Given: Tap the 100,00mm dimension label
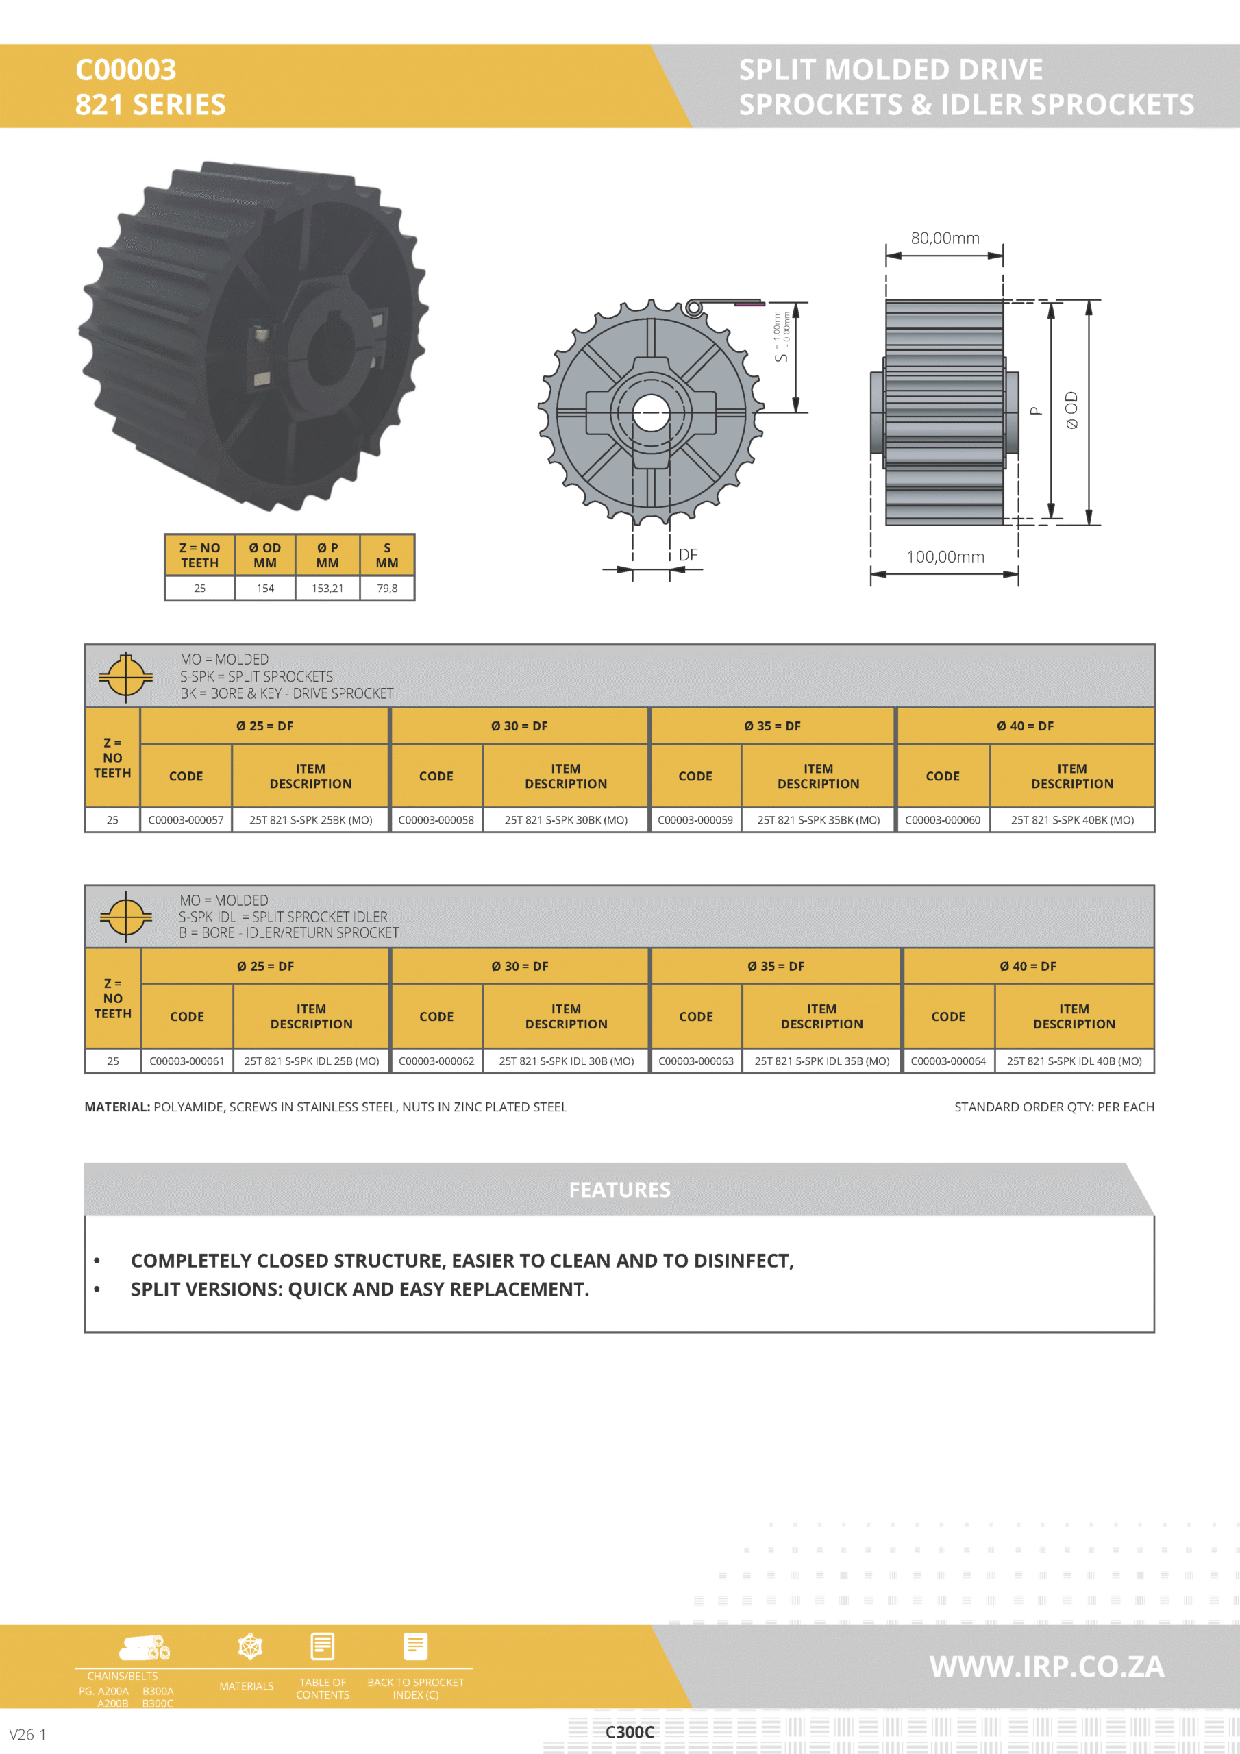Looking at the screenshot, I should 945,557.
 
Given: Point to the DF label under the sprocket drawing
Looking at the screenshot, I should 688,554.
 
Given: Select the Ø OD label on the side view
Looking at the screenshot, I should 1072,410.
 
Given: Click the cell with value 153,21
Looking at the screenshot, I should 327,589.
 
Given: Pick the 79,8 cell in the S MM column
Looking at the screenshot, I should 386,589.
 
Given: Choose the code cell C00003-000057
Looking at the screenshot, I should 186,819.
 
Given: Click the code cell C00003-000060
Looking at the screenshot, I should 942,819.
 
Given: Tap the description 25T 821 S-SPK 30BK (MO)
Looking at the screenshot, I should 565,819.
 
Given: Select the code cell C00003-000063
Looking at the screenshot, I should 695,1061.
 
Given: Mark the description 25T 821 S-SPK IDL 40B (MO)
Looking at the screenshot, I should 1074,1061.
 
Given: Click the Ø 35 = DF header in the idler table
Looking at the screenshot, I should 776,966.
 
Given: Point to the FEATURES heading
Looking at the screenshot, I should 619,1189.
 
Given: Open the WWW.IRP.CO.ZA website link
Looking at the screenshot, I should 1046,1666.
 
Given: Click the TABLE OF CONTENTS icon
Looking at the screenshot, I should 323,1647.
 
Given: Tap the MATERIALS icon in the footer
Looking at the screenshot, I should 250,1647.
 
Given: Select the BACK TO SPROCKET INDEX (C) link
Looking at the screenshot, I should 415,1688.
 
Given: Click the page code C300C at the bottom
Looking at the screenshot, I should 630,1732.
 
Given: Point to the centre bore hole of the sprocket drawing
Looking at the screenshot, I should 651,413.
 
